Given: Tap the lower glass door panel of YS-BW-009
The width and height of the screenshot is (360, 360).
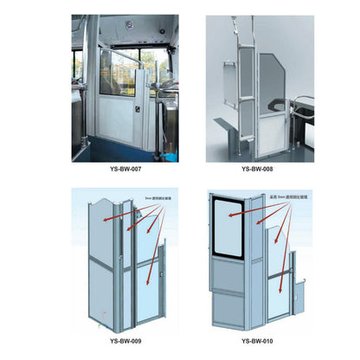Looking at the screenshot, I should point(145,294).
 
